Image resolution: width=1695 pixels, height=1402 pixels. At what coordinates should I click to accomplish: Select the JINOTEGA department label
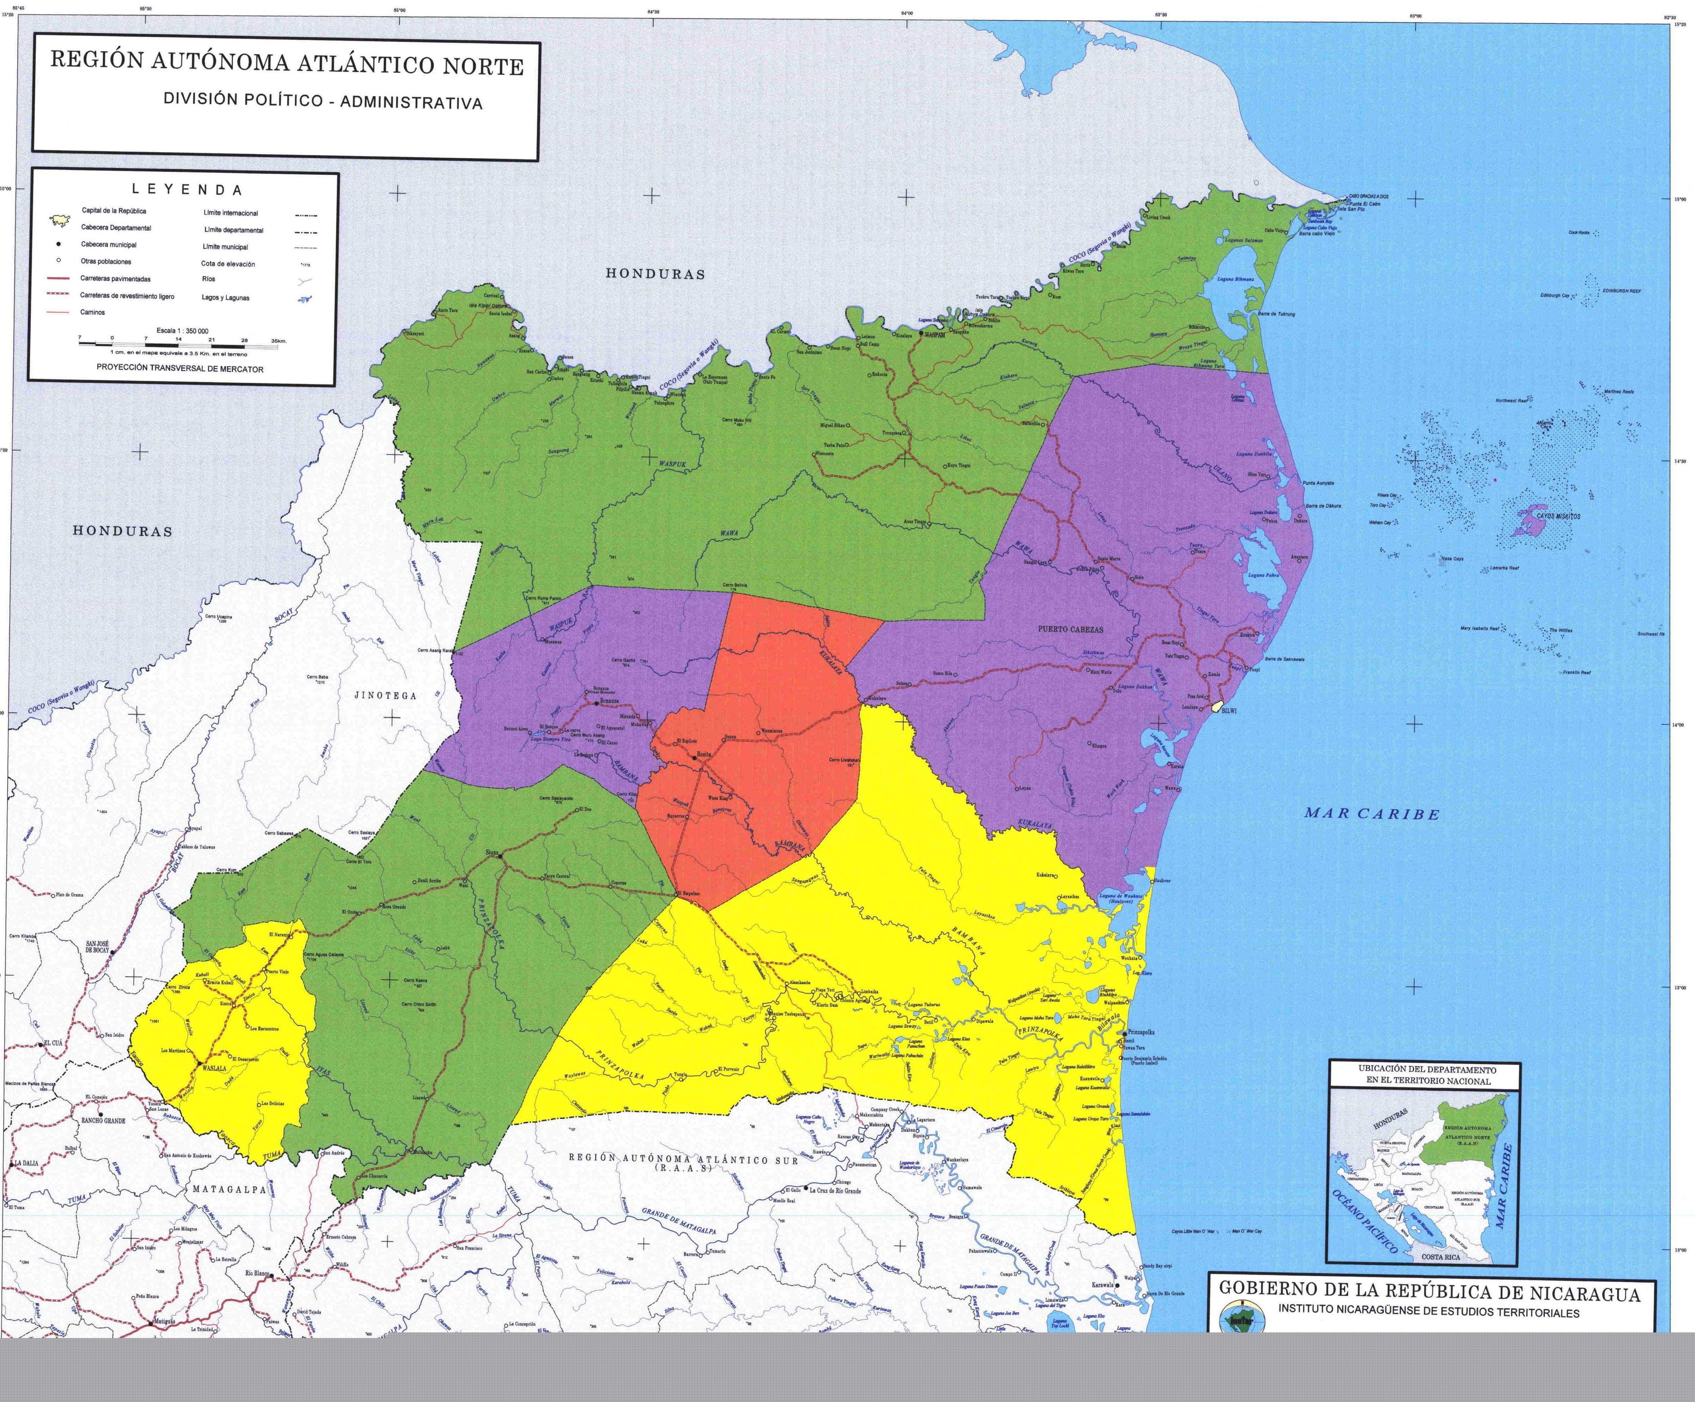(x=386, y=695)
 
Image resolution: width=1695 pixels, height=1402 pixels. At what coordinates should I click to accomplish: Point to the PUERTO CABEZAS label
(x=1070, y=629)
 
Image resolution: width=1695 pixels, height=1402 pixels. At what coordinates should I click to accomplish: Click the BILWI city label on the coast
(x=1229, y=710)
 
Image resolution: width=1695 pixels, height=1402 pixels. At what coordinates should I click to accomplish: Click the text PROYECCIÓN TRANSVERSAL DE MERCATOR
(x=180, y=369)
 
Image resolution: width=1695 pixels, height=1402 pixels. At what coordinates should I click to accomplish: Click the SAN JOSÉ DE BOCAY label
(x=98, y=947)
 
